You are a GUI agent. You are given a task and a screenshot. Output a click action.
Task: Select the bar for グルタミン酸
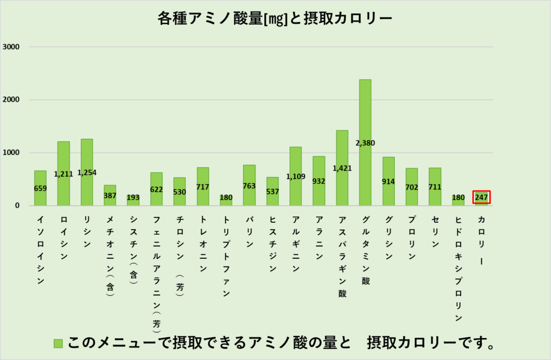[365, 118]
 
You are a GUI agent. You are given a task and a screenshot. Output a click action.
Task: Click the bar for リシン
[87, 156]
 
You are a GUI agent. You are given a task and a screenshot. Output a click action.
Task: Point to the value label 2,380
[365, 143]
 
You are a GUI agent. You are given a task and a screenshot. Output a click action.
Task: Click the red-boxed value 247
[482, 197]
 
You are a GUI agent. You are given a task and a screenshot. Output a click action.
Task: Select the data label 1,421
[342, 168]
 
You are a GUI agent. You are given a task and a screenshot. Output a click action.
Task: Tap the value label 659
[40, 188]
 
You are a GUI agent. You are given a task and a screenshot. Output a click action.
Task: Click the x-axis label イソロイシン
[40, 250]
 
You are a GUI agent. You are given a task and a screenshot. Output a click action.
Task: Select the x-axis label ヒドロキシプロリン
[458, 267]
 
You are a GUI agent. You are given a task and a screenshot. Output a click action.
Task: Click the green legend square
[58, 343]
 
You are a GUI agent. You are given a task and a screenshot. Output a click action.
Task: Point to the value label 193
[133, 197]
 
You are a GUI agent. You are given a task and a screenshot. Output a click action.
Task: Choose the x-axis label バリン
[249, 231]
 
